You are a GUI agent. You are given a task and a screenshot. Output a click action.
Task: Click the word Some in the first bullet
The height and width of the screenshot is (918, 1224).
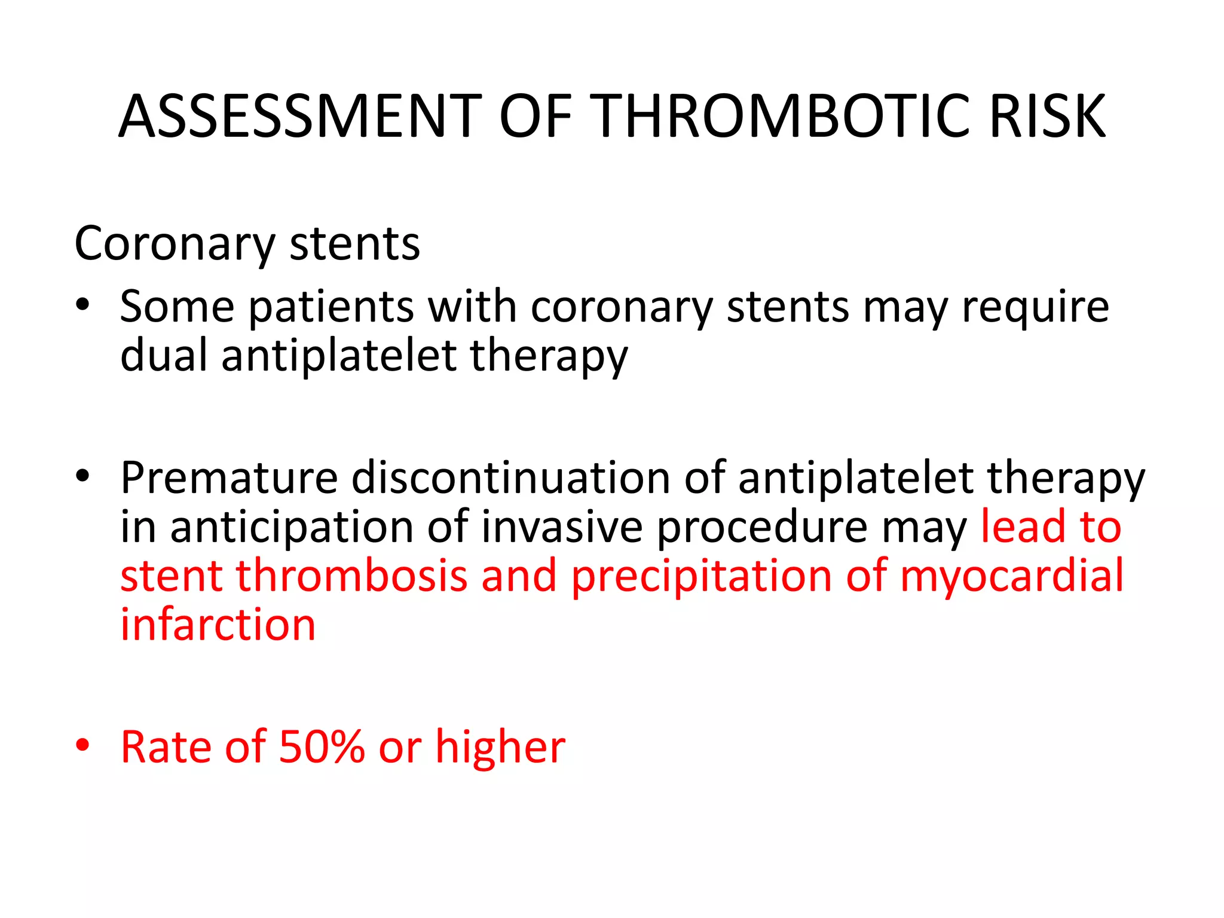pos(177,307)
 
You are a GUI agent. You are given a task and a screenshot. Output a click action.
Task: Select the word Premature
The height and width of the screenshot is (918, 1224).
pos(229,478)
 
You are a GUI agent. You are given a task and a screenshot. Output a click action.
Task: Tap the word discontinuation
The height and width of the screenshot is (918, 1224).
pos(510,478)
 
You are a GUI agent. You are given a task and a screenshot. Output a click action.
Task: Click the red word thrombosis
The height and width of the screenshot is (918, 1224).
pos(351,576)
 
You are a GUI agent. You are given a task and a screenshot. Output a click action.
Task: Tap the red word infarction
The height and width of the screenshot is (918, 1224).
pos(218,625)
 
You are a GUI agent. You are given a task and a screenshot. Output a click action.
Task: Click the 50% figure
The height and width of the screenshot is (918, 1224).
pos(322,747)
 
